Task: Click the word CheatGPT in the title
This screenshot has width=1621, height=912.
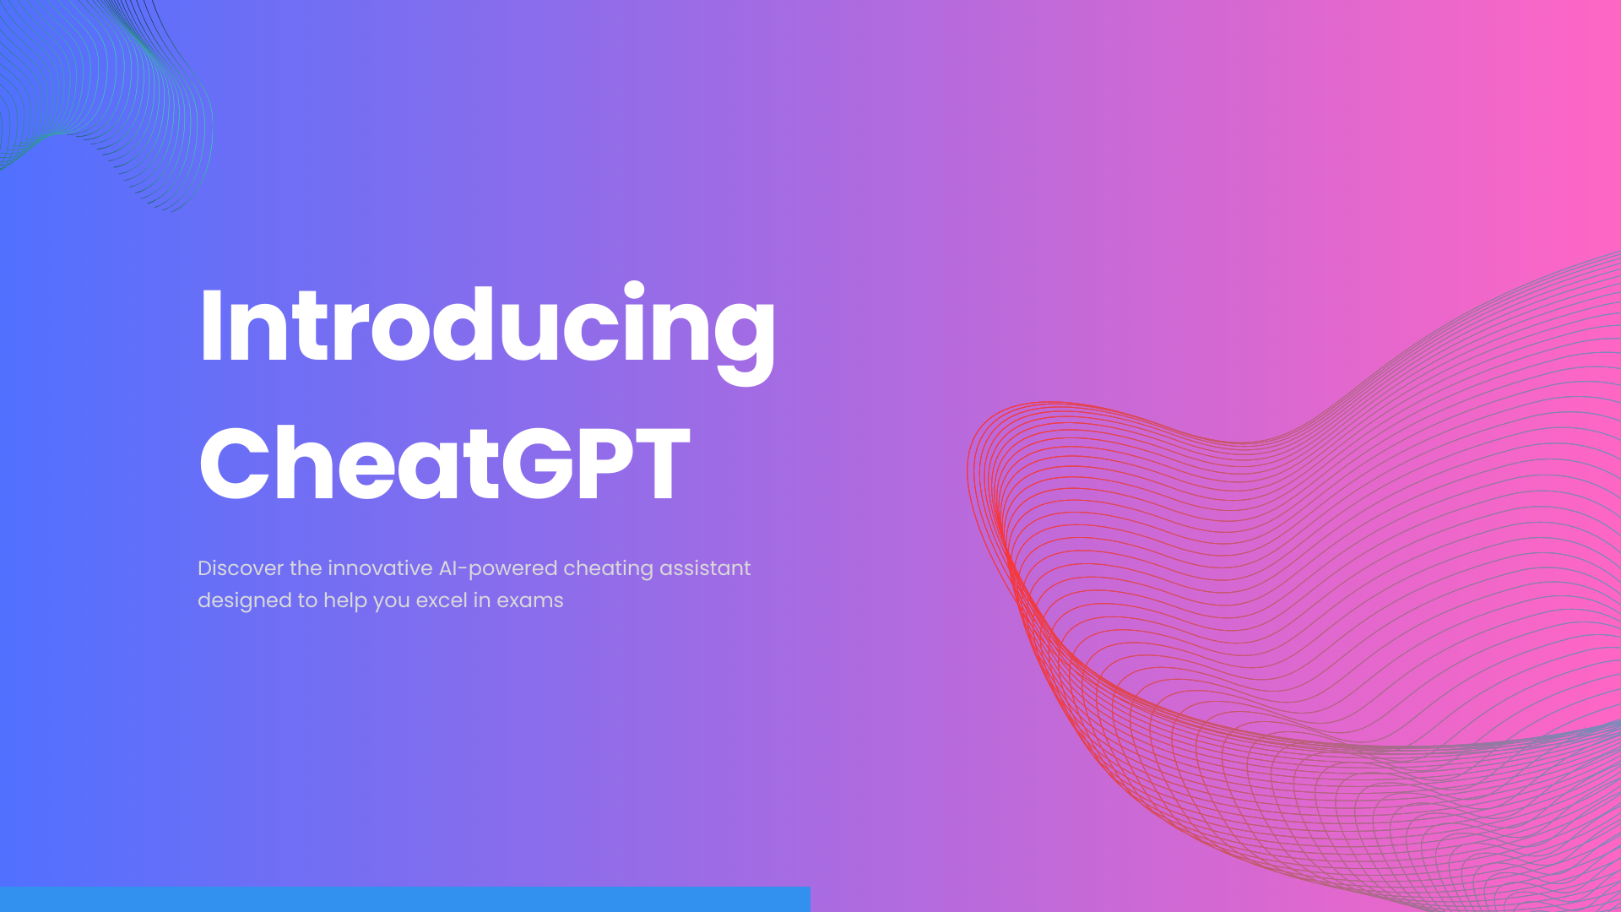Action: [444, 464]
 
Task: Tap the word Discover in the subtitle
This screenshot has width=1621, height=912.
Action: [241, 568]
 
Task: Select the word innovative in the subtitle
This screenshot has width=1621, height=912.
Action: [380, 568]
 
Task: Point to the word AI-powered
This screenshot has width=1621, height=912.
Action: [498, 569]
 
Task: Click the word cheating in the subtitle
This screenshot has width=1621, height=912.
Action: [608, 569]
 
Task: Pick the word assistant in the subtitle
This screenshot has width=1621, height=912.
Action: [705, 568]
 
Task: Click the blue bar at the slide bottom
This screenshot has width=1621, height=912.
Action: [405, 899]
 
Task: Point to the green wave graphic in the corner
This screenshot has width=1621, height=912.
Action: [110, 93]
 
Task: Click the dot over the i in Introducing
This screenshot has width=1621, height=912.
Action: [634, 290]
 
